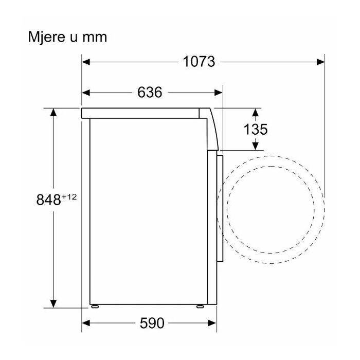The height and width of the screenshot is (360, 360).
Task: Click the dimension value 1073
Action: click(199, 62)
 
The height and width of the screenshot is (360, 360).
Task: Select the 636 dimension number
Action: click(150, 92)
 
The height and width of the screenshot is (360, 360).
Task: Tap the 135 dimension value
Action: click(256, 129)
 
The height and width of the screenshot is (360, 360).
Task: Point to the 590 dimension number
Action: click(152, 323)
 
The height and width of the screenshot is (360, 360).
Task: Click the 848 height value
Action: click(48, 200)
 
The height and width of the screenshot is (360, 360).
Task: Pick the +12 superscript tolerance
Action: click(69, 197)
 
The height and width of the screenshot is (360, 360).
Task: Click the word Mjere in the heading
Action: click(47, 38)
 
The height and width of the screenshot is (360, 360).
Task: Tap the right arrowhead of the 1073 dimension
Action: click(320, 62)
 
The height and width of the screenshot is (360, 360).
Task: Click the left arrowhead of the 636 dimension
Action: click(86, 93)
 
